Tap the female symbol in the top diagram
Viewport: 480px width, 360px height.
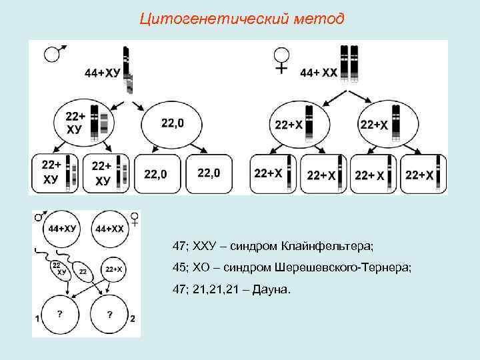[282, 59]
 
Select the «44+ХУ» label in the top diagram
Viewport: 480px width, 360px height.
[103, 72]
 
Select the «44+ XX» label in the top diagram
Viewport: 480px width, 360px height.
[319, 71]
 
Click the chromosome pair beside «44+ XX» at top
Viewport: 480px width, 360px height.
[349, 63]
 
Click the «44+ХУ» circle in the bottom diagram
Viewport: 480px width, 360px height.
[61, 229]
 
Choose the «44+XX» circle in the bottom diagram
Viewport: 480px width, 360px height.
[110, 229]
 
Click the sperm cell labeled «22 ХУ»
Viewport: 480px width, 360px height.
[61, 269]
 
